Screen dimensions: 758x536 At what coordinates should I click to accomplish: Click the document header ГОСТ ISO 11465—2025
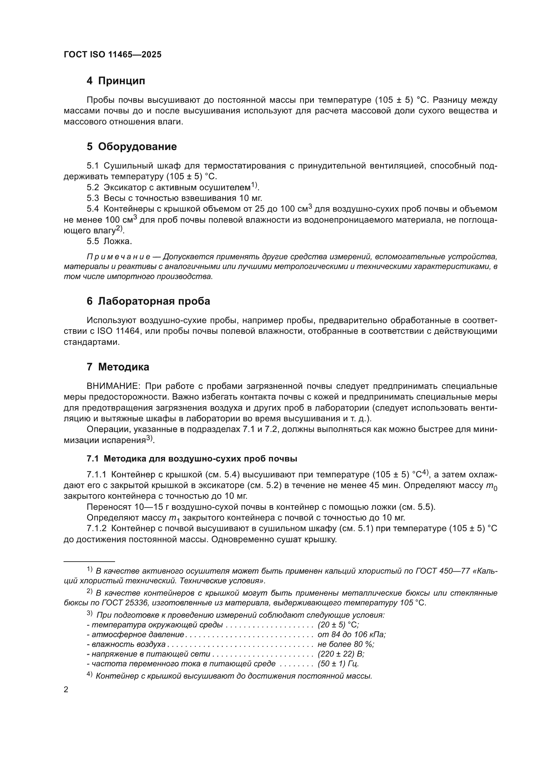click(x=112, y=54)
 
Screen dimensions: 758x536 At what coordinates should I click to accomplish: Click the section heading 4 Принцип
click(x=116, y=81)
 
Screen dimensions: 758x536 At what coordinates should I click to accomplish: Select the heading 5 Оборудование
click(x=132, y=146)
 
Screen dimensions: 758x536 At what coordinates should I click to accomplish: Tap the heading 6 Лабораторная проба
click(x=148, y=301)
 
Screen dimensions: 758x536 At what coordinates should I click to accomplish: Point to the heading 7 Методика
click(x=118, y=367)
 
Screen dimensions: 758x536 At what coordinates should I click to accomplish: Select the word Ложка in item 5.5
click(x=117, y=241)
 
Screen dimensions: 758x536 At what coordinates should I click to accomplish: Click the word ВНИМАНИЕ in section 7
click(x=113, y=386)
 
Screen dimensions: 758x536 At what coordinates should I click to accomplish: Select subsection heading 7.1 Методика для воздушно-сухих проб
click(x=192, y=459)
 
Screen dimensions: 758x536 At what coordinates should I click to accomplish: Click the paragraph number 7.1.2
click(x=96, y=529)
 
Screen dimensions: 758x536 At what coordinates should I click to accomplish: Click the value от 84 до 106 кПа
click(x=352, y=635)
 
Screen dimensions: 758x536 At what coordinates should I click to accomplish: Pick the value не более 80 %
click(x=345, y=644)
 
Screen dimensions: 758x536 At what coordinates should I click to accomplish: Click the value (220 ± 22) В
click(x=341, y=654)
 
